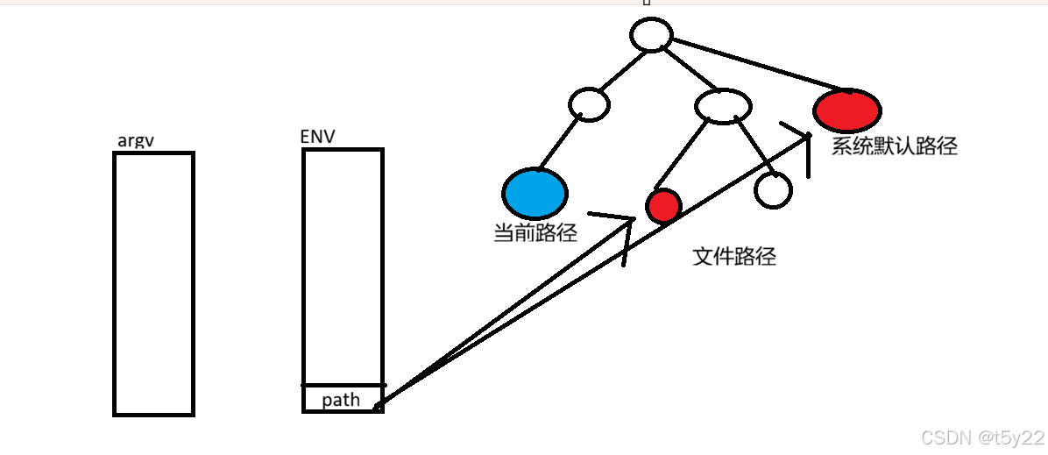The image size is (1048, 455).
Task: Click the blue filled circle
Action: (x=535, y=193)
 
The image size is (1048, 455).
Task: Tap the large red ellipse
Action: (x=846, y=110)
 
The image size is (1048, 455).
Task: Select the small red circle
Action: (x=663, y=206)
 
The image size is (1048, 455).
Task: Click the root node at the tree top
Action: (x=650, y=36)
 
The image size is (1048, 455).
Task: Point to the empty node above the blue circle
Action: (x=589, y=103)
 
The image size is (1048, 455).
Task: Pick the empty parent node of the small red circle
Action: (x=723, y=107)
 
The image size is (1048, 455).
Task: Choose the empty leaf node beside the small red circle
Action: (x=773, y=189)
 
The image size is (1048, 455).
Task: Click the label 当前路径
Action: (x=535, y=233)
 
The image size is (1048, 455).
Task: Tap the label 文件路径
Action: (x=734, y=257)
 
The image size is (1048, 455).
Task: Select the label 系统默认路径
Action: (x=894, y=146)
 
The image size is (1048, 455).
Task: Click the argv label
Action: (x=136, y=140)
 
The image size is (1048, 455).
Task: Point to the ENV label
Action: (x=317, y=137)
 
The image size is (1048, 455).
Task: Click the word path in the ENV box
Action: (x=341, y=400)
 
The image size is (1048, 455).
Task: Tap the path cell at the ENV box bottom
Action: (x=343, y=398)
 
